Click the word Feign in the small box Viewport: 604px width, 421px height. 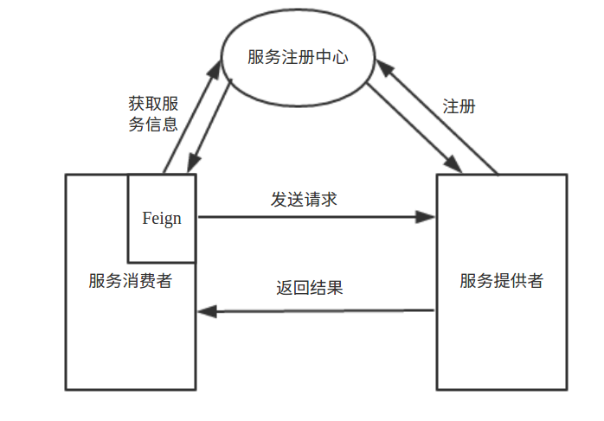click(x=162, y=218)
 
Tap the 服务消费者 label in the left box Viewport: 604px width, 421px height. click(x=130, y=281)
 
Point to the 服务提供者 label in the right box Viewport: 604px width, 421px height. click(x=502, y=281)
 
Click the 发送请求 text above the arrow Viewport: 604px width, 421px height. click(x=304, y=199)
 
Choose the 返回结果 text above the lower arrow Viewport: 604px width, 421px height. click(x=310, y=288)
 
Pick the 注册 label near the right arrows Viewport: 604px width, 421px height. click(x=459, y=107)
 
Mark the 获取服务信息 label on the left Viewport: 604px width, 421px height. click(x=153, y=114)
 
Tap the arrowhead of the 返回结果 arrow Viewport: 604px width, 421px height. click(x=208, y=310)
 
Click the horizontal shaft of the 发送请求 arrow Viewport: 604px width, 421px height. click(x=312, y=216)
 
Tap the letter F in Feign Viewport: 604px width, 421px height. click(x=146, y=218)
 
